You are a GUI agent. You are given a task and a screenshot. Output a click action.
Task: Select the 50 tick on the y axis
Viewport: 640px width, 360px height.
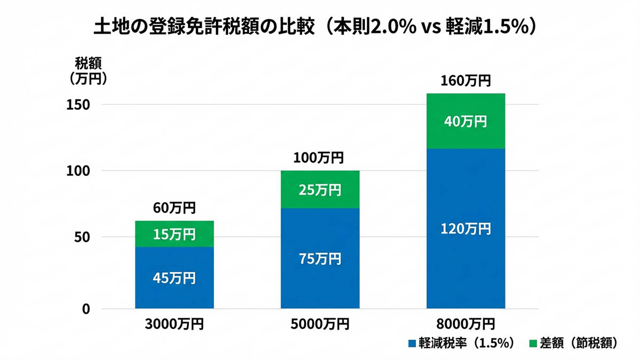pyautogui.click(x=81, y=237)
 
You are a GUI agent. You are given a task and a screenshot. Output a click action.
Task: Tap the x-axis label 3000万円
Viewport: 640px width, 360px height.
pyautogui.click(x=174, y=324)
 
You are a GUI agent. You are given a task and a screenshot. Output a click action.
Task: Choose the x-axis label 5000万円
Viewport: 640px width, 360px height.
pyautogui.click(x=320, y=324)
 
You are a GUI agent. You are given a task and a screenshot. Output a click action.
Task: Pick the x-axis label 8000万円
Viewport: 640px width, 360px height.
pyautogui.click(x=466, y=324)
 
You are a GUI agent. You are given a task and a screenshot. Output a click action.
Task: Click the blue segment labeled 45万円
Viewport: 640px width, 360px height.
pyautogui.click(x=174, y=277)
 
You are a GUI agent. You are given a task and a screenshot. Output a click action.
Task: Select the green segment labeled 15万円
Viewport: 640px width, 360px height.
pyautogui.click(x=174, y=234)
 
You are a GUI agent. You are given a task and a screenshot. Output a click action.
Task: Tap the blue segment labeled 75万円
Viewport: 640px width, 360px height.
pyautogui.click(x=320, y=259)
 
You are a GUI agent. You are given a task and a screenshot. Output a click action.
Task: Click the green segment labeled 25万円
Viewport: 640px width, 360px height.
pyautogui.click(x=320, y=190)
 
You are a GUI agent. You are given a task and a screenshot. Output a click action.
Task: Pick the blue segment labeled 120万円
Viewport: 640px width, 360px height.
pyautogui.click(x=466, y=229)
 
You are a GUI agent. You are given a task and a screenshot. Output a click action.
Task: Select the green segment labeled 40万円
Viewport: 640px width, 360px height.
pyautogui.click(x=466, y=121)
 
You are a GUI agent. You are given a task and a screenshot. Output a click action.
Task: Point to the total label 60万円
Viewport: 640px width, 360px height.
pyautogui.click(x=174, y=207)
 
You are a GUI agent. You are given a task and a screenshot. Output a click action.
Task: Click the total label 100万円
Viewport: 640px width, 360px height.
pyautogui.click(x=320, y=158)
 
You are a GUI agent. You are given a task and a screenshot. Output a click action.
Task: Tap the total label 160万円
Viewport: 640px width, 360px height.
pyautogui.click(x=466, y=81)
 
